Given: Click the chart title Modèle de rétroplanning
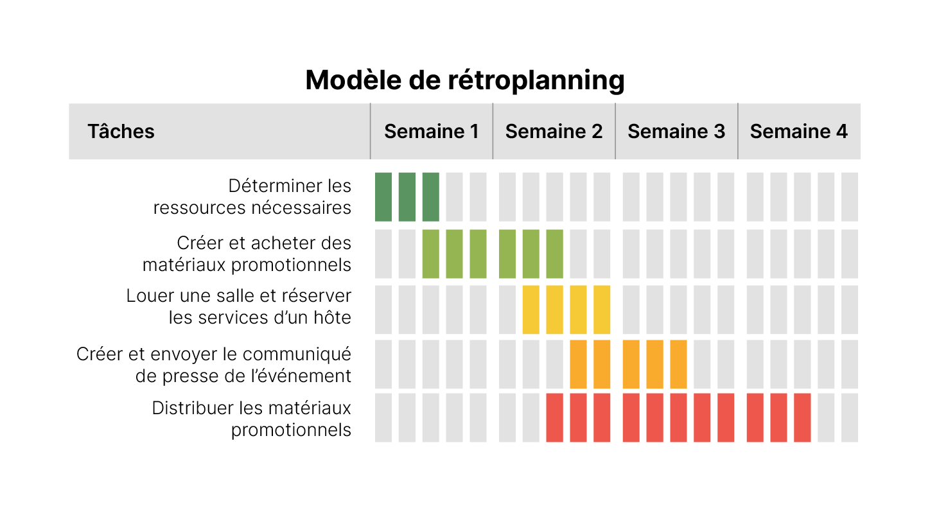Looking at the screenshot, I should pyautogui.click(x=464, y=81).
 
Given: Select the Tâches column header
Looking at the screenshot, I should pyautogui.click(x=121, y=132).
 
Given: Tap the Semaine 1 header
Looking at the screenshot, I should pyautogui.click(x=431, y=132).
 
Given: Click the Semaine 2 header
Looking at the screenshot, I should pyautogui.click(x=554, y=132).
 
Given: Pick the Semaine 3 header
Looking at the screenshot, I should pyautogui.click(x=676, y=132).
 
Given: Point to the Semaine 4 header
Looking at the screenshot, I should pyautogui.click(x=798, y=132).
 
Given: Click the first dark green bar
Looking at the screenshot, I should pyautogui.click(x=383, y=196).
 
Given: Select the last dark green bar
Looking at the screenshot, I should pyautogui.click(x=431, y=196).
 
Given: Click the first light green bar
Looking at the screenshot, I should pyautogui.click(x=431, y=254).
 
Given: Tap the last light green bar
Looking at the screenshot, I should pyautogui.click(x=554, y=254).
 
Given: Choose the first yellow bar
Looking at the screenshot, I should pyautogui.click(x=531, y=310).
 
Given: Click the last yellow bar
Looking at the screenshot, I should pyautogui.click(x=602, y=310).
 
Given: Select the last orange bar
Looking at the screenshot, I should pyautogui.click(x=678, y=364).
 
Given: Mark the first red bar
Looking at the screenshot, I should pyautogui.click(x=554, y=417).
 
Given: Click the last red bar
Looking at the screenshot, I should pyautogui.click(x=802, y=417).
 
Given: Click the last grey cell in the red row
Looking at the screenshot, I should pyautogui.click(x=850, y=417).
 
